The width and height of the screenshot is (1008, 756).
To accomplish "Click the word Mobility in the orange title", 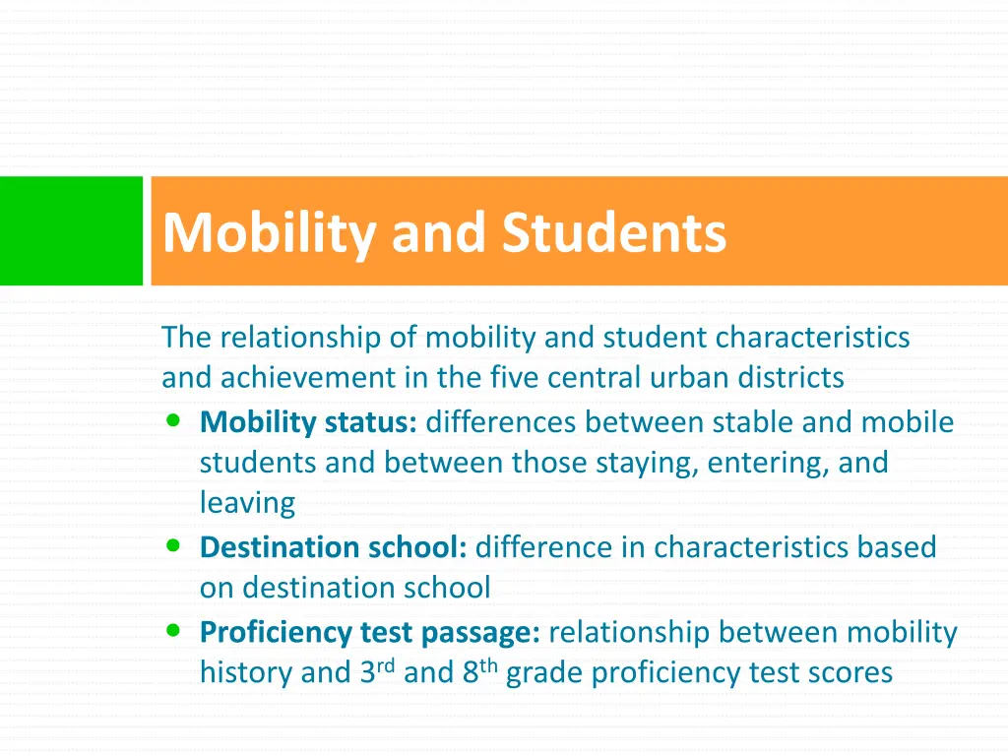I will pyautogui.click(x=269, y=233).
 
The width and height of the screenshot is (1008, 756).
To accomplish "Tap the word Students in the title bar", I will pyautogui.click(x=614, y=233).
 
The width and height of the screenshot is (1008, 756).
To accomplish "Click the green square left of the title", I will pyautogui.click(x=71, y=230).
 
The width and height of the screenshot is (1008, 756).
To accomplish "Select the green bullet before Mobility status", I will pyautogui.click(x=174, y=420).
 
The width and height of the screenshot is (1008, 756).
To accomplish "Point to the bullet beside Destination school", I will pyautogui.click(x=174, y=544).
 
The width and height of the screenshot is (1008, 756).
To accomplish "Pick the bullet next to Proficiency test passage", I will pyautogui.click(x=174, y=629).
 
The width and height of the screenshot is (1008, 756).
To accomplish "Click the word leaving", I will pyautogui.click(x=247, y=503).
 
